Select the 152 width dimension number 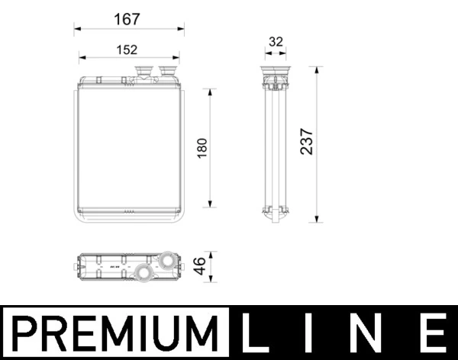coord(127,50)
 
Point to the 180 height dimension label coord(202,147)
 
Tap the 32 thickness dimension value coord(276,42)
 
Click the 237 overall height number coord(306,143)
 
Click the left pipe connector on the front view coord(142,72)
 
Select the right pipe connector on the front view coord(166,72)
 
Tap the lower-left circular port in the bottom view coord(141,272)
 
